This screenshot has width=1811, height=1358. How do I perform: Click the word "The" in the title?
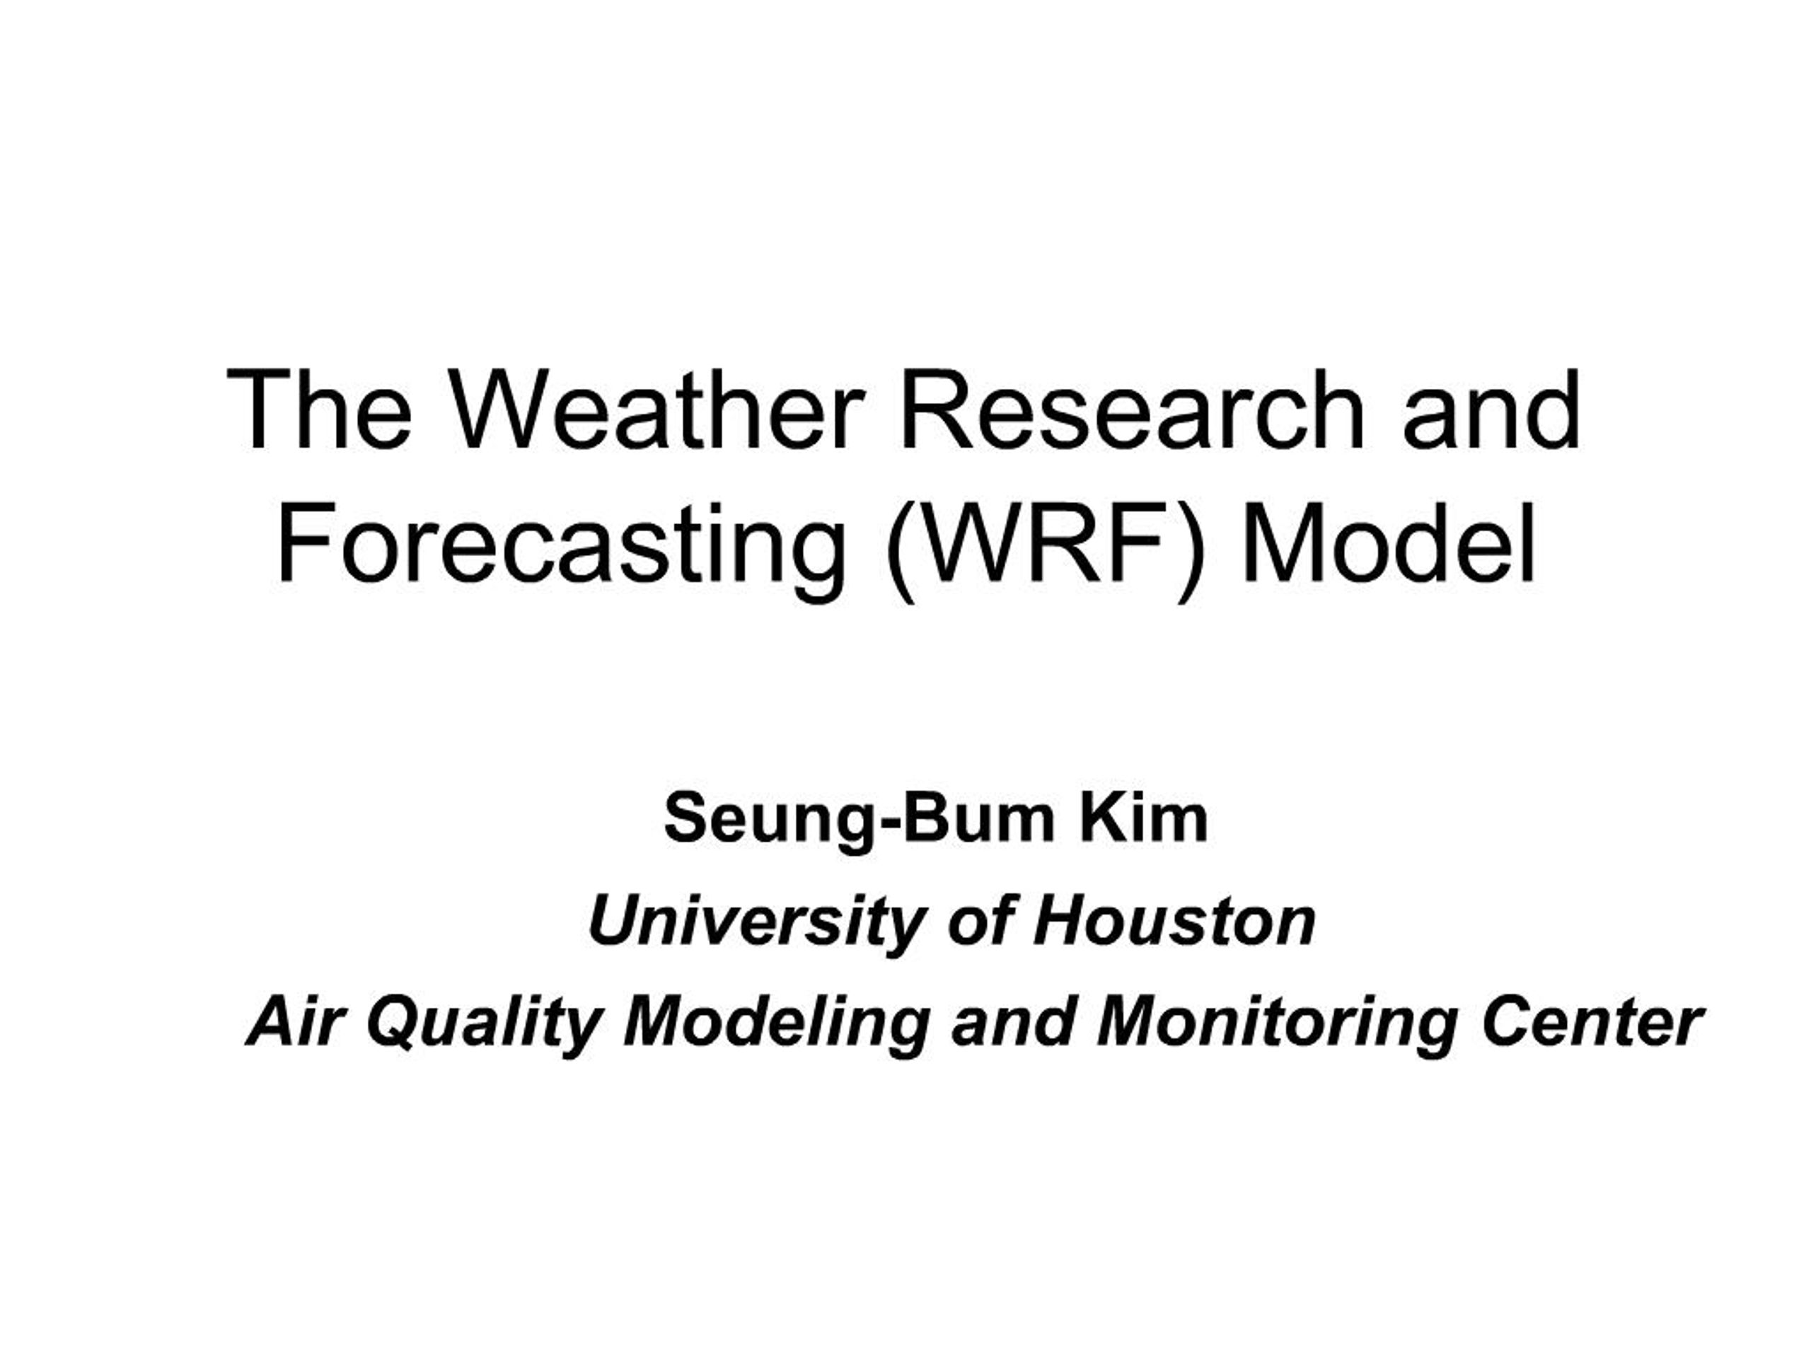[318, 410]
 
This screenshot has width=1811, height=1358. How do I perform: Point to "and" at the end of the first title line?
[1491, 410]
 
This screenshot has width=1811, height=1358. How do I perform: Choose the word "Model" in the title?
[1388, 545]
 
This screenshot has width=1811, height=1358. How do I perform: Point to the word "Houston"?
[1174, 922]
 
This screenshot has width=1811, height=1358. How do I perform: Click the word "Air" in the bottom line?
[292, 1023]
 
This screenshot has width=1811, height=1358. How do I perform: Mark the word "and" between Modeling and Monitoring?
[1012, 1023]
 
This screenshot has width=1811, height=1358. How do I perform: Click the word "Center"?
[1592, 1023]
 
